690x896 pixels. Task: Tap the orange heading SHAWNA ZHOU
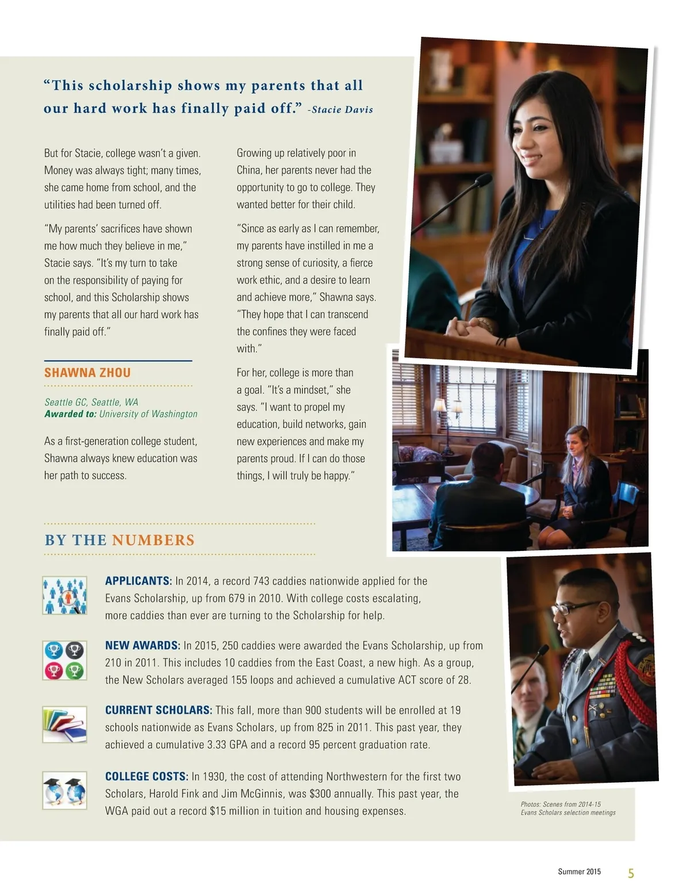pos(87,373)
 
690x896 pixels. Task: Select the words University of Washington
pos(148,414)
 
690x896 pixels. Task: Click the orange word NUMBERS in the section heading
pos(154,540)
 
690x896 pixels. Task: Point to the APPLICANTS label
pos(139,581)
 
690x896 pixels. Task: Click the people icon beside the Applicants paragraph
pos(64,595)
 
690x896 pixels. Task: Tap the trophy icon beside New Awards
pos(64,660)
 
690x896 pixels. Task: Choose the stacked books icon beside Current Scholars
pos(64,725)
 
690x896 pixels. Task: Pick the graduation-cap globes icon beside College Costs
pos(64,790)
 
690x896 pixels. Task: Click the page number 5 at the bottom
pos(631,874)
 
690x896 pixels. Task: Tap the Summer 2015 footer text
pos(579,872)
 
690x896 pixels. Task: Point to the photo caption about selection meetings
pos(568,809)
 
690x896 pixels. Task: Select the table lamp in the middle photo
pos(439,406)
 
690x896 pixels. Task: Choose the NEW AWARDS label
pos(143,645)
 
